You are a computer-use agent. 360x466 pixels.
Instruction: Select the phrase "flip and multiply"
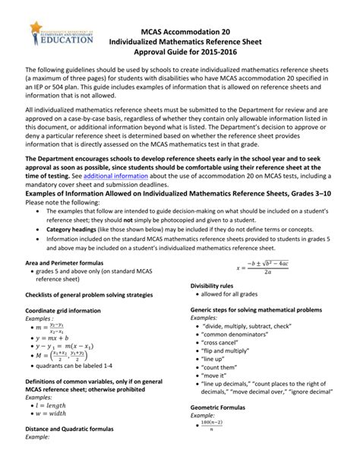tap(231, 352)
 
